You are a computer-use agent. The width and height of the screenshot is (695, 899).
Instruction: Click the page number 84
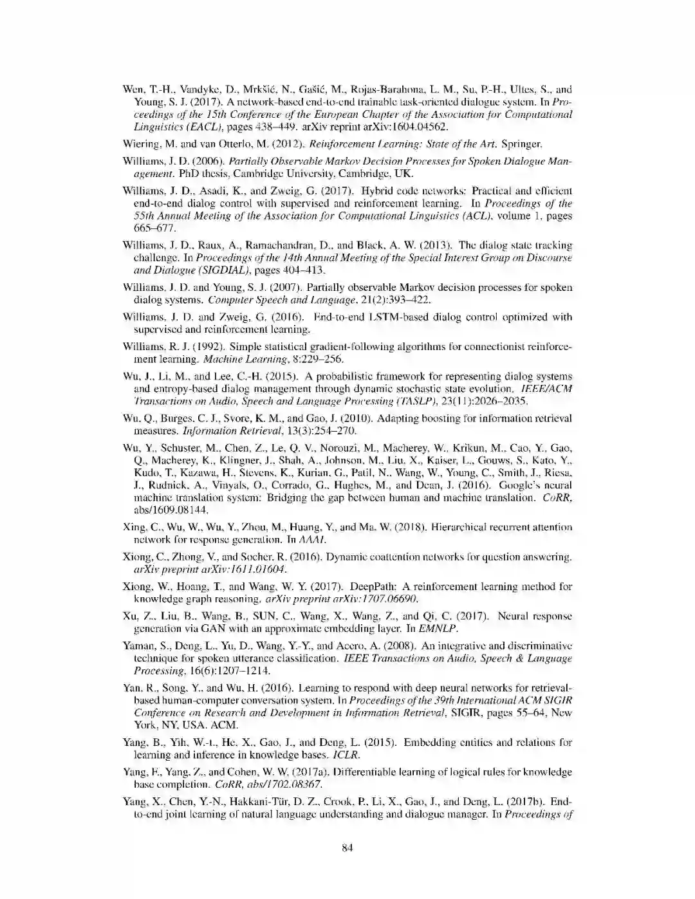[347, 848]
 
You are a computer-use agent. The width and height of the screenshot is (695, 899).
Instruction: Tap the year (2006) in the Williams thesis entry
[192, 162]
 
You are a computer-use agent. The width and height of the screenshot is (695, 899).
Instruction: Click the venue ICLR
[346, 754]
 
